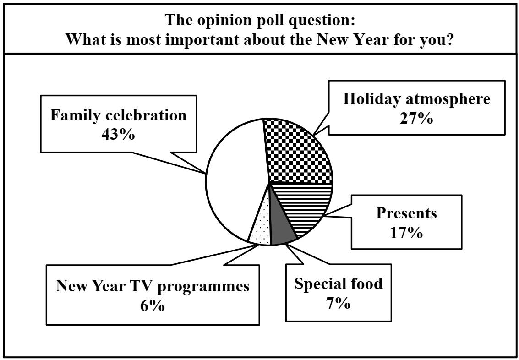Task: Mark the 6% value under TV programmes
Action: tap(153, 305)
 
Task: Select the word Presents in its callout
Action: tap(406, 213)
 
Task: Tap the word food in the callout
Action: tap(365, 284)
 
